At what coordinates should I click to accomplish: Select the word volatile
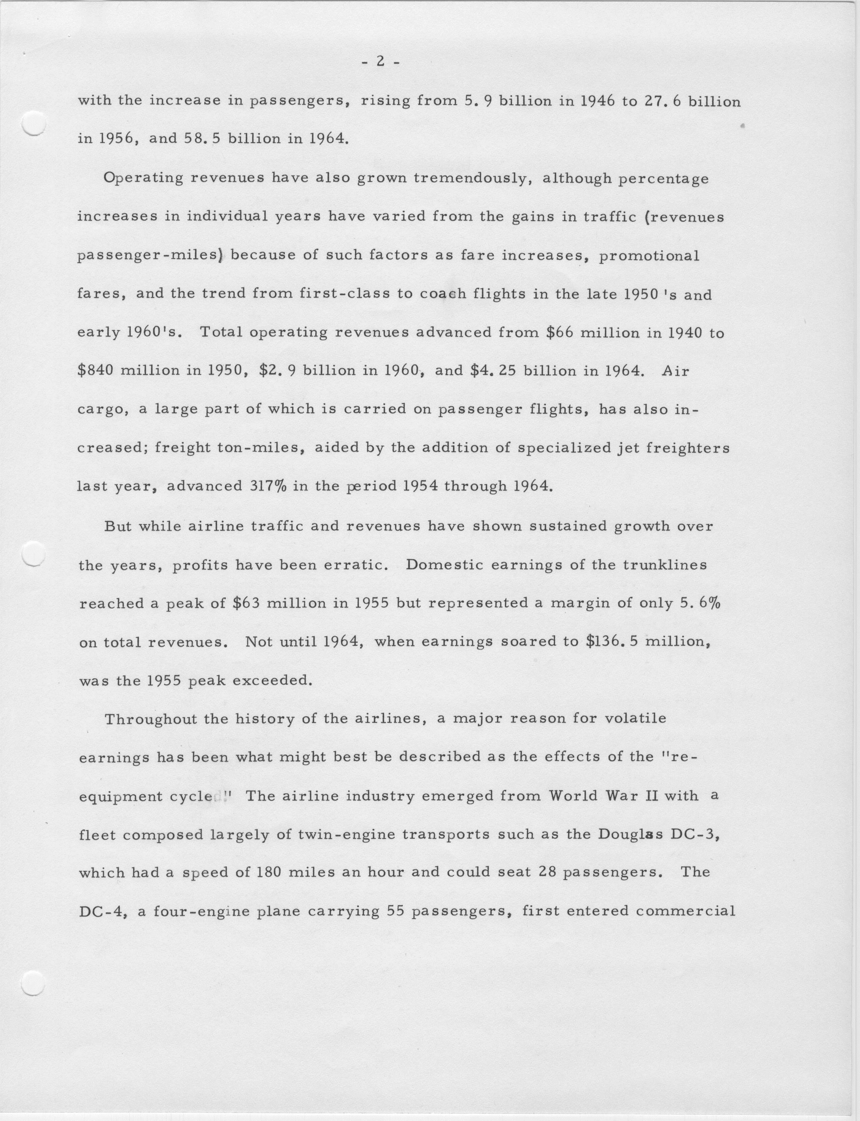point(635,719)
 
